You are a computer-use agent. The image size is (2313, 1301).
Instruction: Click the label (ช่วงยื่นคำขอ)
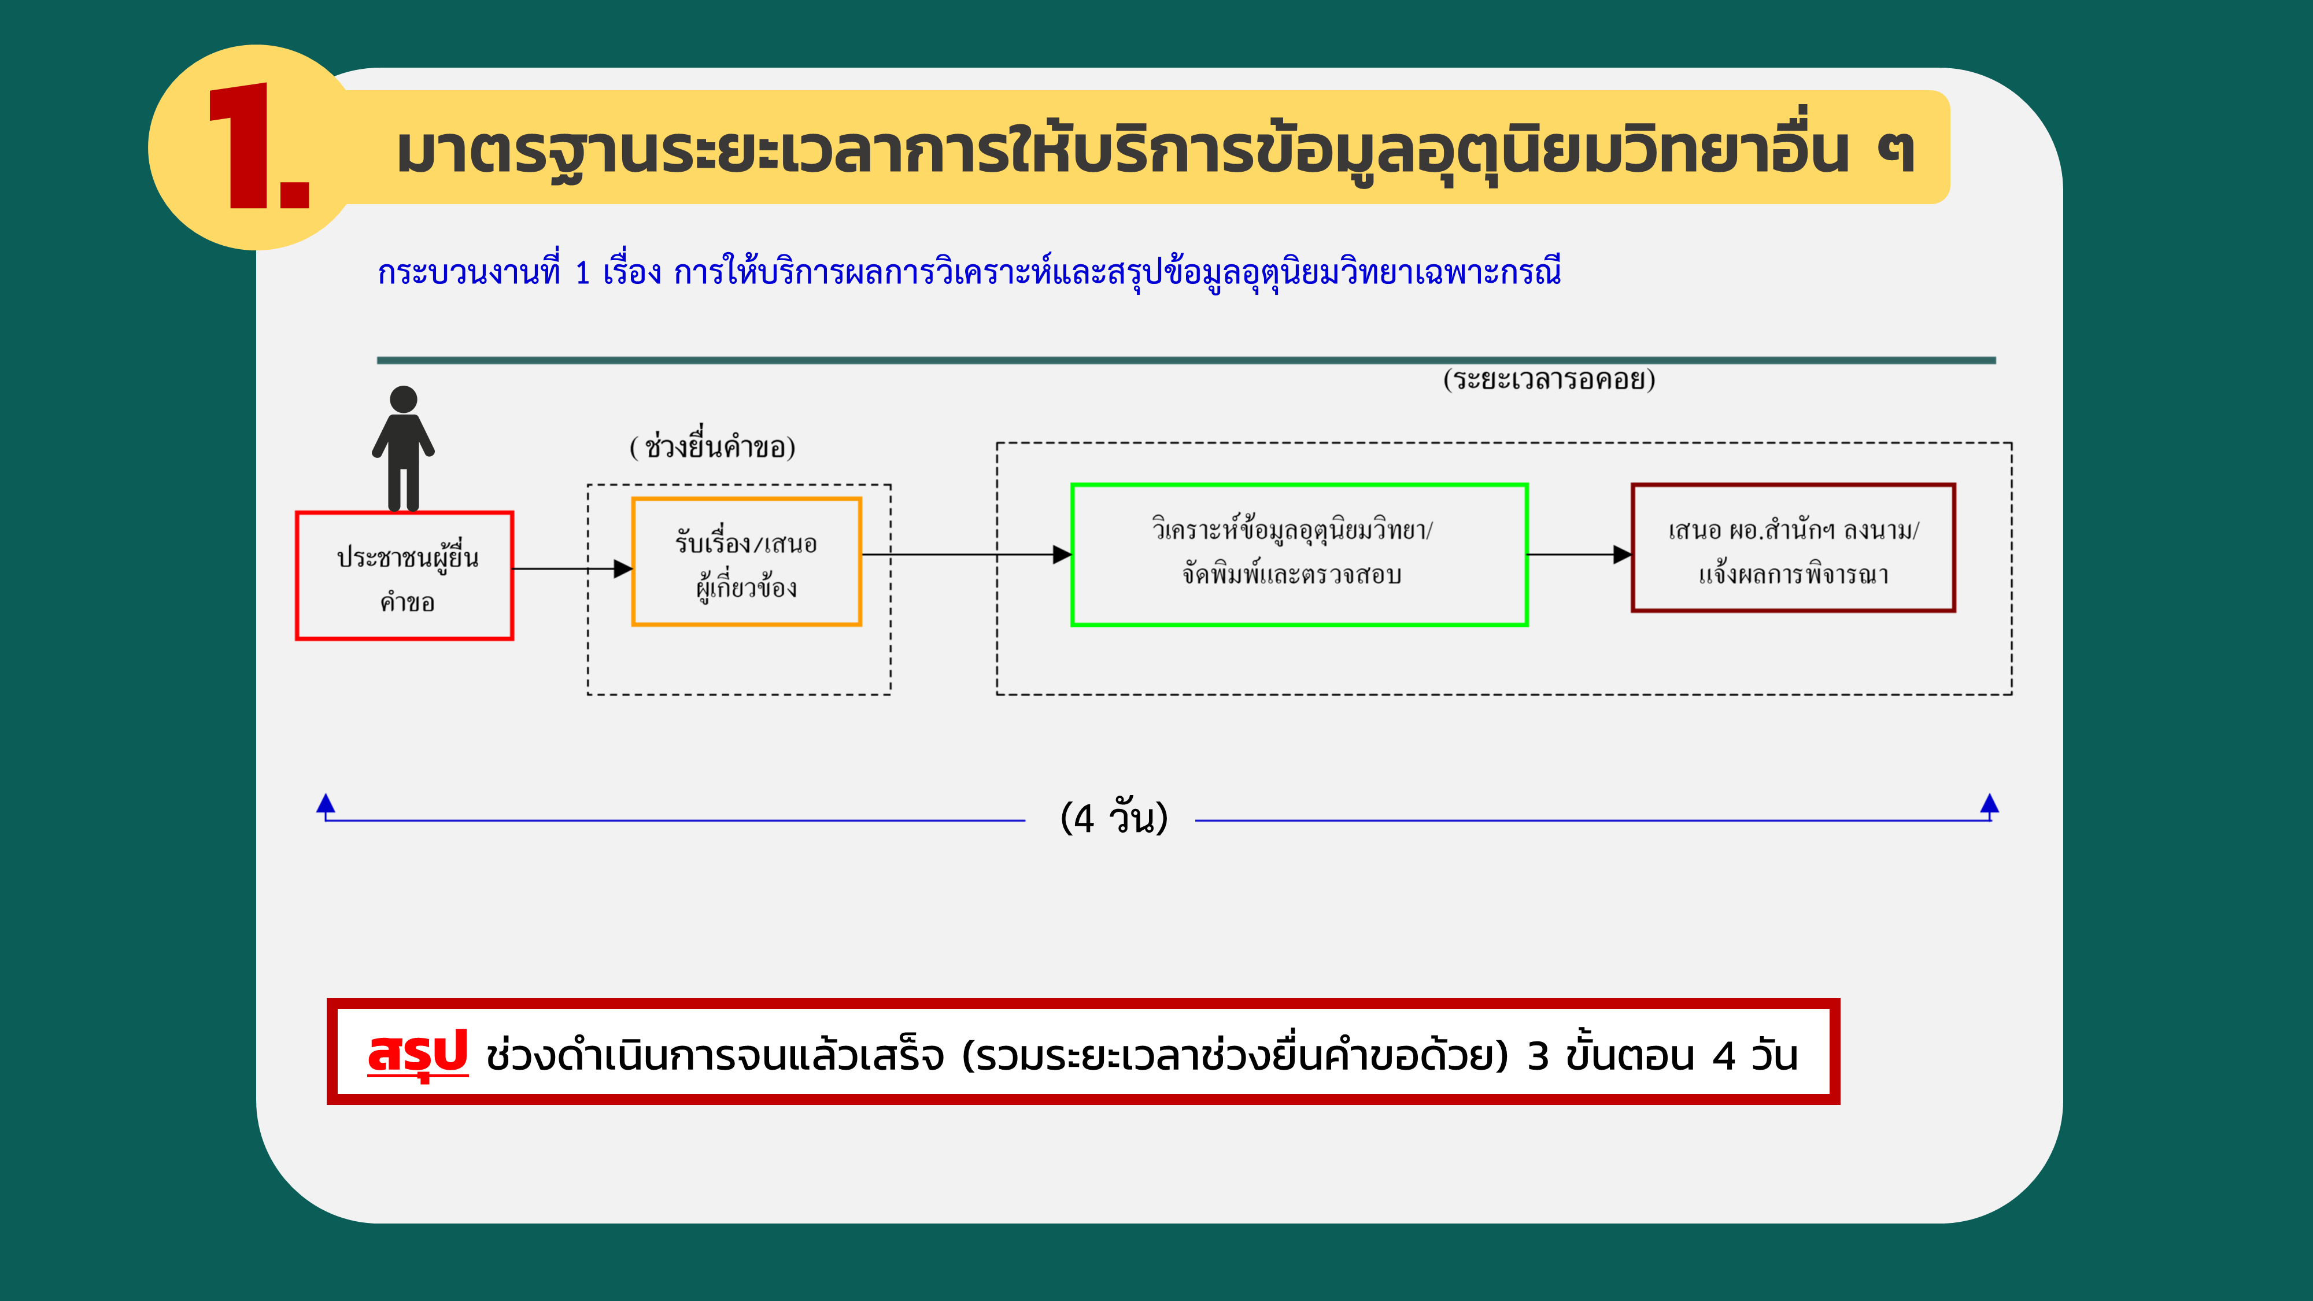(x=712, y=446)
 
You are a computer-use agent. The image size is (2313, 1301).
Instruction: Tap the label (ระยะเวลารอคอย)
(x=1549, y=379)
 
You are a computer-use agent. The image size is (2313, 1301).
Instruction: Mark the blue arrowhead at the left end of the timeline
(x=326, y=803)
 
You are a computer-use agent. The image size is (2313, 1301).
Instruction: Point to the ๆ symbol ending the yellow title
(x=1894, y=153)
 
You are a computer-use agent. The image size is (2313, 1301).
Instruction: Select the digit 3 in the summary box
(x=1538, y=1056)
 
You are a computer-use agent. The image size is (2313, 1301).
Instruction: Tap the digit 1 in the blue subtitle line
(x=582, y=272)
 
